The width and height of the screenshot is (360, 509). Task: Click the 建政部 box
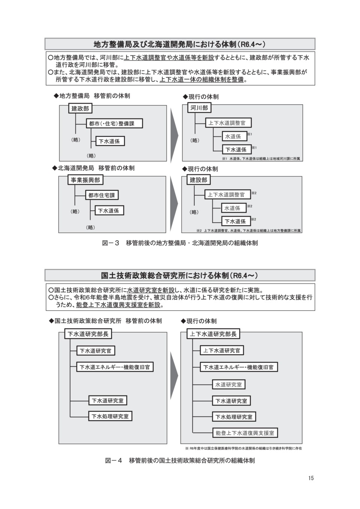[80, 108]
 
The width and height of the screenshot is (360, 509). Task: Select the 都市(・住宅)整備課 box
[114, 123]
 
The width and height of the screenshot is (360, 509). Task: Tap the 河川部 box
[199, 108]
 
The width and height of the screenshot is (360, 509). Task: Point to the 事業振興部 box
[85, 180]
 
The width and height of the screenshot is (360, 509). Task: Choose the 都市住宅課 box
[102, 195]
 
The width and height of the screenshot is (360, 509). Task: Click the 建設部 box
[198, 180]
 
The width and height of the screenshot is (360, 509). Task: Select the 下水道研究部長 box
[88, 334]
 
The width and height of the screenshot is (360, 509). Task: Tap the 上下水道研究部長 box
[213, 334]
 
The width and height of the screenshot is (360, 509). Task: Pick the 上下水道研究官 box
[222, 350]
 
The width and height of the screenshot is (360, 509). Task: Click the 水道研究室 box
[229, 385]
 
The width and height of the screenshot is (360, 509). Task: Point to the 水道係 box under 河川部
[234, 136]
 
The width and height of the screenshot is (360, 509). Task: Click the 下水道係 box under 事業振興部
[109, 210]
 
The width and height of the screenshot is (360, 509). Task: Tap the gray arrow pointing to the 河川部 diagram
[174, 135]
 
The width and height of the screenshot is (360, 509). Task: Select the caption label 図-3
[111, 243]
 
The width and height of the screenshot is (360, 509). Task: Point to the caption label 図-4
[114, 461]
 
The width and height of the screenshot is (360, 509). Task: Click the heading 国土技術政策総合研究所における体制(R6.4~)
[180, 275]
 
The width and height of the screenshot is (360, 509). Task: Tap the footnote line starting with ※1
[261, 159]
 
